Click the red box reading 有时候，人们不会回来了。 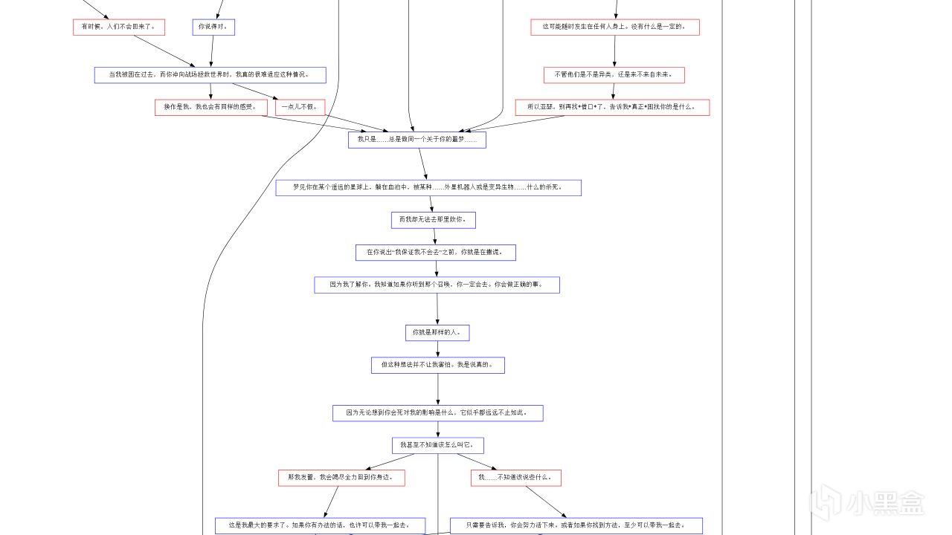tap(118, 27)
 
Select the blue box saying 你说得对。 tap(213, 27)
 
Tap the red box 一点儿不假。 tap(300, 107)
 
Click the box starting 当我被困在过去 tap(210, 75)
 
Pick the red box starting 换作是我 tap(210, 107)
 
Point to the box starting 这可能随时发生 tap(615, 27)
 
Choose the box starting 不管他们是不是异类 tap(614, 75)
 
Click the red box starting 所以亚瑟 tap(612, 107)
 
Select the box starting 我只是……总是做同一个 tap(416, 140)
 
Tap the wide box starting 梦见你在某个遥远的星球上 tap(428, 188)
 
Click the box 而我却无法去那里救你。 tap(433, 220)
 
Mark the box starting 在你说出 tap(435, 253)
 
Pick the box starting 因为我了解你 tap(437, 285)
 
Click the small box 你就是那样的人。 tap(437, 333)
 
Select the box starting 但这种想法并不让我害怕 tap(437, 365)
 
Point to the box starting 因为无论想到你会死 tap(437, 413)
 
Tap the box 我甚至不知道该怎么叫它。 tap(437, 445)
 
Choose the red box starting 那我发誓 tap(341, 478)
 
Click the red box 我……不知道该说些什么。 tap(515, 478)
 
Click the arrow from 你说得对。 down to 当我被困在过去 tap(212, 51)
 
